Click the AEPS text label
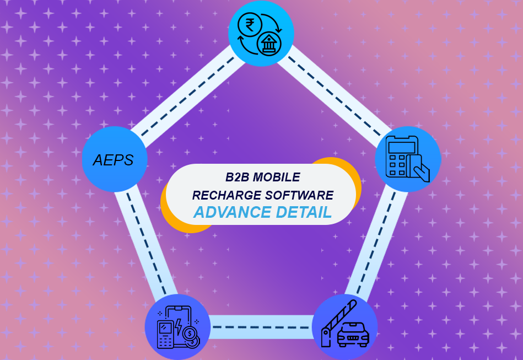(113, 160)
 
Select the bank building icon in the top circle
(269, 43)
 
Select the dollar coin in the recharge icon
(190, 335)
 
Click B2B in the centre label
(238, 178)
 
